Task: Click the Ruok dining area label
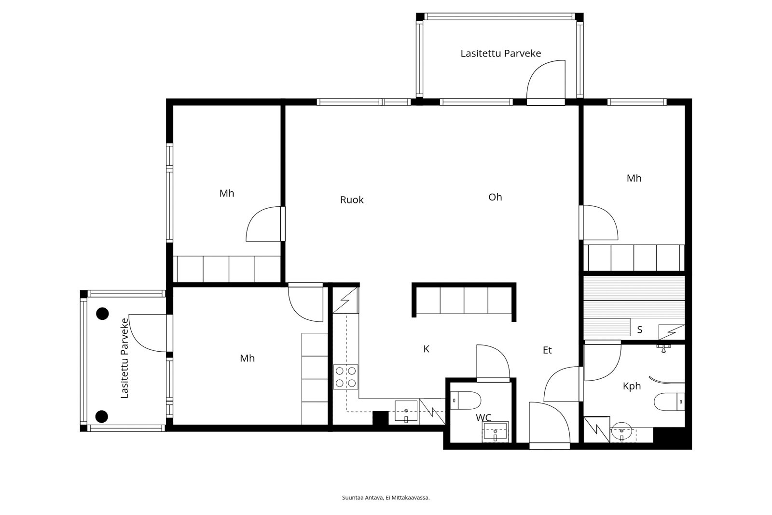(352, 200)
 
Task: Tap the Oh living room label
(495, 197)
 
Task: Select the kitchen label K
(427, 349)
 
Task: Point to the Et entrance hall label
(547, 350)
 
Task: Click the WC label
(483, 418)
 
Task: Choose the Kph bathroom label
(632, 386)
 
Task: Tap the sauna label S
(640, 329)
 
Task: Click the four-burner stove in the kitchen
(345, 377)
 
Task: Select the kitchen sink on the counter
(406, 411)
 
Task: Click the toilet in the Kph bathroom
(669, 402)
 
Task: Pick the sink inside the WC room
(495, 431)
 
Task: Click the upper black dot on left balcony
(102, 314)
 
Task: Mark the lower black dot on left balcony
(102, 416)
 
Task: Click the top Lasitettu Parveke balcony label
(501, 53)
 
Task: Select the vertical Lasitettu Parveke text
(124, 358)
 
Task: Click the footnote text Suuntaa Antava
(362, 498)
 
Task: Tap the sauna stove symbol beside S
(671, 332)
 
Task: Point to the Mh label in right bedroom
(634, 178)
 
